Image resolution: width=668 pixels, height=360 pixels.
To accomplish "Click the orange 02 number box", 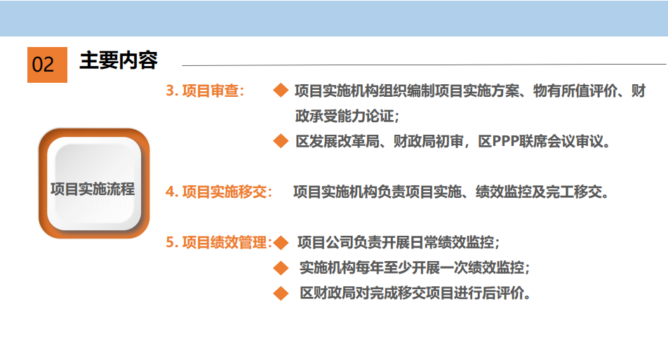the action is (x=47, y=65).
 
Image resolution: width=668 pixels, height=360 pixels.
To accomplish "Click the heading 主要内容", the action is (x=119, y=60).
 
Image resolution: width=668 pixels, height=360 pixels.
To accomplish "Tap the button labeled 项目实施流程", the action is (x=94, y=184).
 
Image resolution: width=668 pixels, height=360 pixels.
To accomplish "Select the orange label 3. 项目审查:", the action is (x=205, y=91).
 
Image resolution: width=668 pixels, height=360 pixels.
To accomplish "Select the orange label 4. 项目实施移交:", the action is (x=219, y=192).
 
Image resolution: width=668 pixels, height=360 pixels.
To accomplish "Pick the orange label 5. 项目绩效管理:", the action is (x=219, y=242).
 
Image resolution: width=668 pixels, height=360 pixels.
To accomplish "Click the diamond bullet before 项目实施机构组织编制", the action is (x=281, y=91).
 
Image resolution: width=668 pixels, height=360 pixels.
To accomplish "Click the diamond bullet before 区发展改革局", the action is (x=281, y=141).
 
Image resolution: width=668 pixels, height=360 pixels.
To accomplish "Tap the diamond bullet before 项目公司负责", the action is (x=281, y=242).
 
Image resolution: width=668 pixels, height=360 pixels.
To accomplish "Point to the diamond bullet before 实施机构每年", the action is (x=281, y=268).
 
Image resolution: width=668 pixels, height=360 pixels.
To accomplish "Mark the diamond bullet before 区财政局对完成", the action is (x=281, y=293).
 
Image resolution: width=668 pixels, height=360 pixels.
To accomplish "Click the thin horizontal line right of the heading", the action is (x=424, y=65).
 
